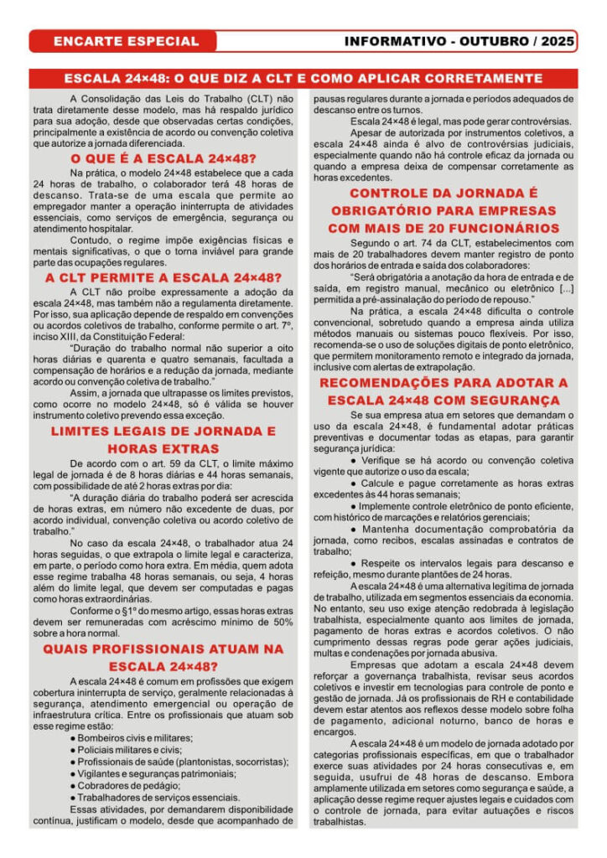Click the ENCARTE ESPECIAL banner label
[126, 41]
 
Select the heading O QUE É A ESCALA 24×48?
[163, 158]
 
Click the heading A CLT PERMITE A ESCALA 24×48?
[163, 277]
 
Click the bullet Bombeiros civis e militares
[134, 737]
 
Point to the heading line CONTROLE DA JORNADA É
[444, 193]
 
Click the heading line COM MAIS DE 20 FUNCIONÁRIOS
[444, 228]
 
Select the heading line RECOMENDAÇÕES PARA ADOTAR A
[444, 383]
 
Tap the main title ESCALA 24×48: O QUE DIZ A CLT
[303, 79]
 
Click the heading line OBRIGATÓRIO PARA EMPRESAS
[444, 210]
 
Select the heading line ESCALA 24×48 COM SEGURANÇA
[444, 401]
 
